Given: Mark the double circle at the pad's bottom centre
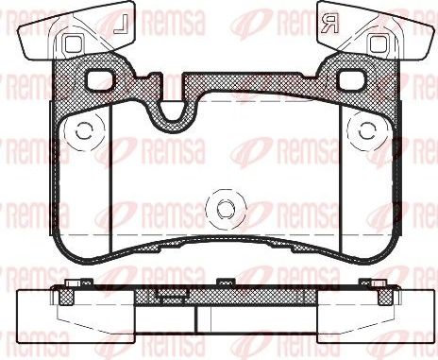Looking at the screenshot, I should click(224, 209).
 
